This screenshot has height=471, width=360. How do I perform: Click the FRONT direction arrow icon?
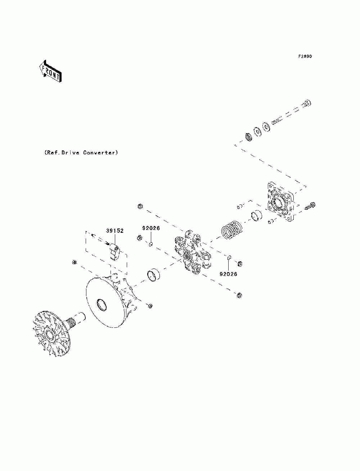(50, 71)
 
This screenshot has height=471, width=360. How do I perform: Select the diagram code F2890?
(305, 56)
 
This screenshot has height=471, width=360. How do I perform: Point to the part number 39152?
(115, 231)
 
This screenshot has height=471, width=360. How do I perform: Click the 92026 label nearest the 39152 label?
(151, 228)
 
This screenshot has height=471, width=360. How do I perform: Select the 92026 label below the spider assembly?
(228, 274)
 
